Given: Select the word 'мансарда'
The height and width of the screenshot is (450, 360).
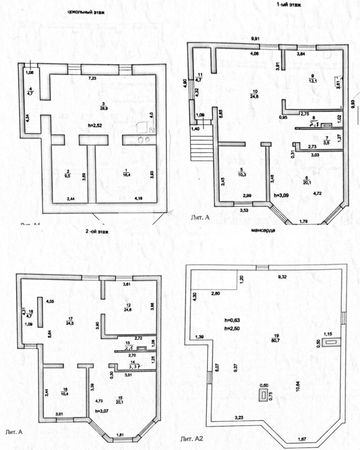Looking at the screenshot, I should tap(264, 231).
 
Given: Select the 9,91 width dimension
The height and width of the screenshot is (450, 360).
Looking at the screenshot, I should tap(255, 38).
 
